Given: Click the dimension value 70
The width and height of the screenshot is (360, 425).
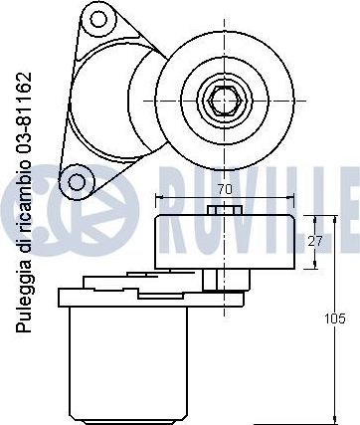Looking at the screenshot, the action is pos(225,190).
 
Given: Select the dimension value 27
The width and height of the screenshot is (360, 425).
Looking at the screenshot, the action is pos(314,242).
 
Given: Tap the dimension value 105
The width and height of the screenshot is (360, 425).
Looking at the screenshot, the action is pos(334,319).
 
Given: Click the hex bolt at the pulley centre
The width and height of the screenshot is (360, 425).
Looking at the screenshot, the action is pos(225,101).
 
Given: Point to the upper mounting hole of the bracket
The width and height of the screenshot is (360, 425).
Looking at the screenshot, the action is pos(98,19).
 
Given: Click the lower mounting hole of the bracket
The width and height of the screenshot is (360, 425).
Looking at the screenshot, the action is pos(77,181).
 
